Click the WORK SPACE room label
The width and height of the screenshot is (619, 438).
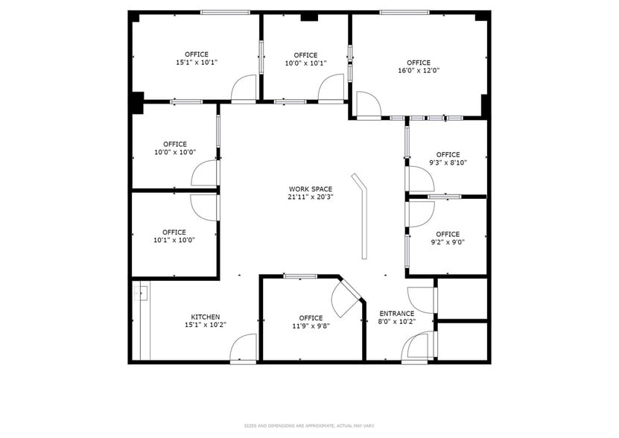point(310,189)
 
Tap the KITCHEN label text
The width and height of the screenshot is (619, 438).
point(205,317)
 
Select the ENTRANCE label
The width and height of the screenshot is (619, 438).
point(396,314)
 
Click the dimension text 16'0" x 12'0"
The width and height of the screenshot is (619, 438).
point(418,71)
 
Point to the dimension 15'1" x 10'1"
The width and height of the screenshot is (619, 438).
point(197,63)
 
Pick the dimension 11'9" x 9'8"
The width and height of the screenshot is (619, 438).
point(311,326)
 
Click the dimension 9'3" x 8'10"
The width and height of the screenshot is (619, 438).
point(448,162)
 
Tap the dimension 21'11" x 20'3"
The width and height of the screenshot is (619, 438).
point(310,197)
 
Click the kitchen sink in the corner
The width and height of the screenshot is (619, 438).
point(139,294)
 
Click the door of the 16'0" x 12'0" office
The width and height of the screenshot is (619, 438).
point(367,105)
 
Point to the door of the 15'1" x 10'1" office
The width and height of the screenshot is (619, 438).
point(244,89)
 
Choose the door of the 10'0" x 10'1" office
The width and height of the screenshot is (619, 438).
point(331,89)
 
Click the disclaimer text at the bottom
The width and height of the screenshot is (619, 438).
point(309,425)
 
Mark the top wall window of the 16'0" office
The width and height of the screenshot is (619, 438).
point(404,12)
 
